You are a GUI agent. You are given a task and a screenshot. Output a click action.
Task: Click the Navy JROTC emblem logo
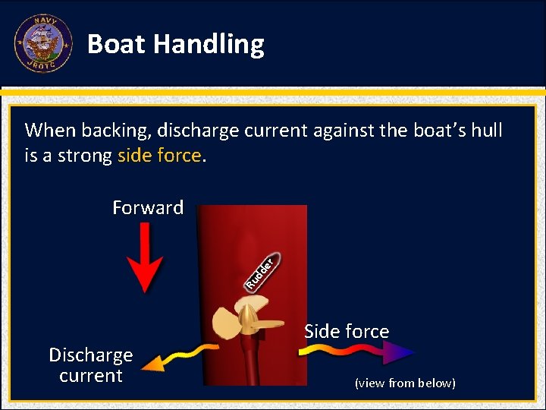click(42, 43)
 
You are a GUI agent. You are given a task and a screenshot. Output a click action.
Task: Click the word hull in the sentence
click(486, 131)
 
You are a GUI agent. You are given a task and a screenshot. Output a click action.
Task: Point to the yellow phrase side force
click(159, 156)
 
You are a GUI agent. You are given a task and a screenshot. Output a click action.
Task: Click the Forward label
click(148, 208)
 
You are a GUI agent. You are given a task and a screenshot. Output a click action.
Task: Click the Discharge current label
click(91, 365)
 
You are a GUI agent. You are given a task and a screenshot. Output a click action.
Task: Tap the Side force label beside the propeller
click(347, 332)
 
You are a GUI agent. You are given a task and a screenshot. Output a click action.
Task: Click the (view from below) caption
click(405, 383)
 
